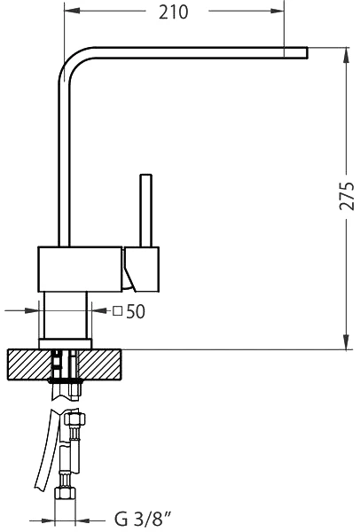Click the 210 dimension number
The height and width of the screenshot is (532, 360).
click(x=173, y=12)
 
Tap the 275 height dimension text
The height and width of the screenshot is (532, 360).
click(x=347, y=196)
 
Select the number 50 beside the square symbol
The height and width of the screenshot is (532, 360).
click(x=136, y=311)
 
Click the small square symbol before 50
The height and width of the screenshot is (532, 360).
click(x=117, y=311)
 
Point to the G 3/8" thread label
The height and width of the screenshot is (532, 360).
click(x=143, y=519)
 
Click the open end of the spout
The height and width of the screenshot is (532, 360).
click(x=307, y=53)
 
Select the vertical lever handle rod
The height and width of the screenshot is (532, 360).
click(x=145, y=210)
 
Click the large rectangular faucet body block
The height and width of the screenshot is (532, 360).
click(x=80, y=269)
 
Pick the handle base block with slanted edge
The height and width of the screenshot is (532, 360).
click(x=142, y=269)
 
